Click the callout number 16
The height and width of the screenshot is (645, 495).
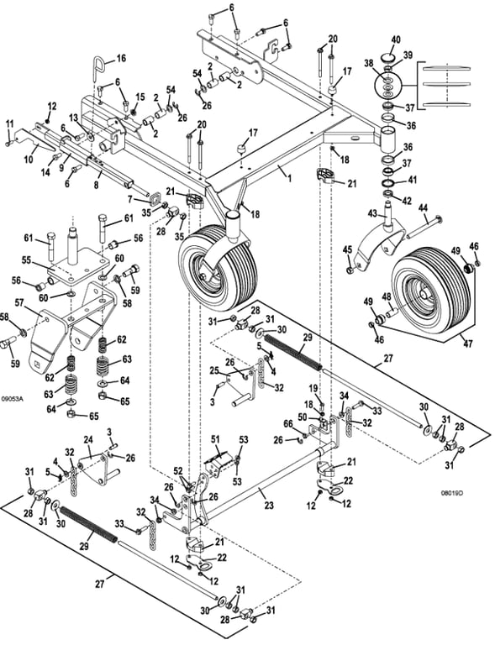[120, 58]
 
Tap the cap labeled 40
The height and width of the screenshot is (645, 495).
[389, 56]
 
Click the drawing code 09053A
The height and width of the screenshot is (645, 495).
[13, 398]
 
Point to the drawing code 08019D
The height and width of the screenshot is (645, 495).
[452, 492]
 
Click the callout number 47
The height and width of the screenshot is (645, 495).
[468, 343]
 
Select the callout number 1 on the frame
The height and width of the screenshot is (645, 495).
[290, 179]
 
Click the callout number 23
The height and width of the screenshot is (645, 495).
[269, 505]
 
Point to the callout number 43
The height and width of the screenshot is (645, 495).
[373, 213]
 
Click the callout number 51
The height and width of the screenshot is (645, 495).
[216, 439]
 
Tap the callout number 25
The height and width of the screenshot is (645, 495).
[214, 371]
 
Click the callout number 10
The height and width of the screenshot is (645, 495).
[29, 160]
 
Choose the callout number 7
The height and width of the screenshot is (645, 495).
[130, 200]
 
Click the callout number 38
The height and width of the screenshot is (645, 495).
[369, 63]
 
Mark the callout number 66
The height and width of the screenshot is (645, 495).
[288, 423]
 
